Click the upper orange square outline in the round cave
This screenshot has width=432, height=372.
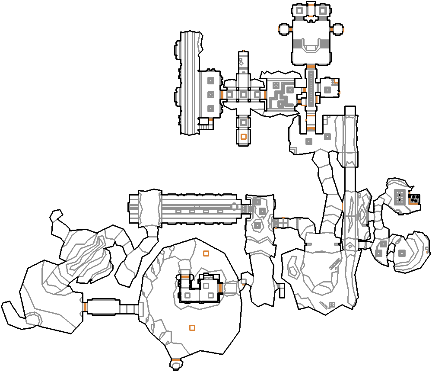click(206, 253)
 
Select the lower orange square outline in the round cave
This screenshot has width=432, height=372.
click(192, 328)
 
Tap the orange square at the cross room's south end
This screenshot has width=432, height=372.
click(244, 137)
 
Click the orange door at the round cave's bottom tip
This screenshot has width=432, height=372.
click(175, 359)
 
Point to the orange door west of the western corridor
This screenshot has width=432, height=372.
click(85, 307)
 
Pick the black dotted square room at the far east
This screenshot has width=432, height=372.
click(414, 199)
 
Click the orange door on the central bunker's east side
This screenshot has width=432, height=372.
click(220, 288)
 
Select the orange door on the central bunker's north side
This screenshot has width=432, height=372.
click(185, 277)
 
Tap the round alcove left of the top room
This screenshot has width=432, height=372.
click(284, 29)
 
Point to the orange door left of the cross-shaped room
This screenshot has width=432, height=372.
click(222, 94)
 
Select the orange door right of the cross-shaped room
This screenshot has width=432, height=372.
click(264, 94)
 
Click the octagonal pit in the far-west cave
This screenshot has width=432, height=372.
click(32, 319)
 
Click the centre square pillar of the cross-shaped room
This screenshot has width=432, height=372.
click(243, 94)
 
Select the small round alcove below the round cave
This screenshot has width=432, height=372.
click(176, 366)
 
